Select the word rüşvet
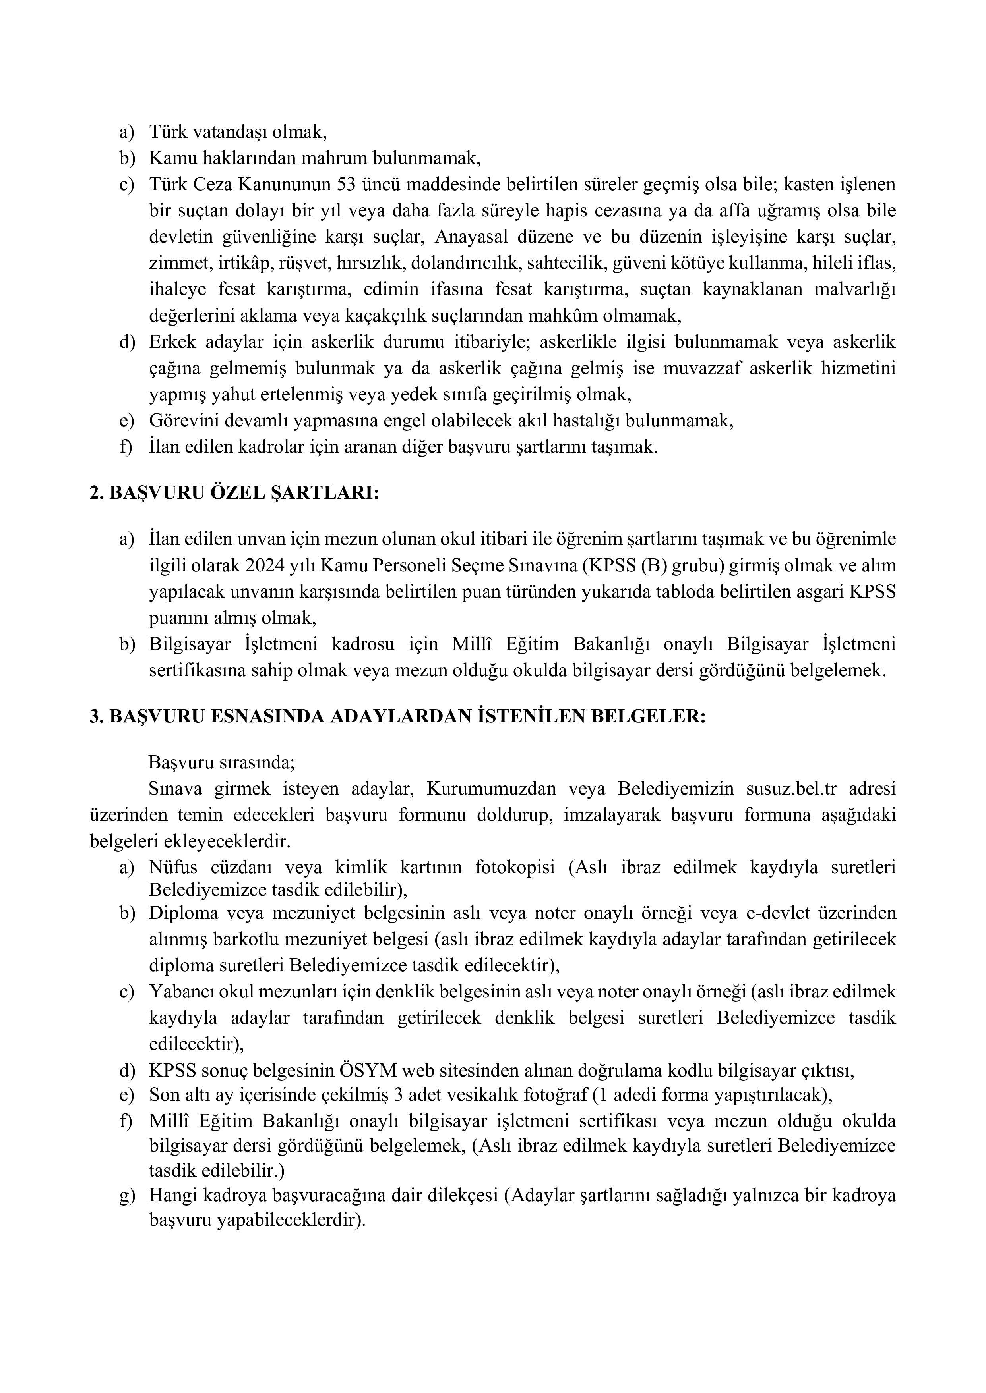[x=308, y=263]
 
